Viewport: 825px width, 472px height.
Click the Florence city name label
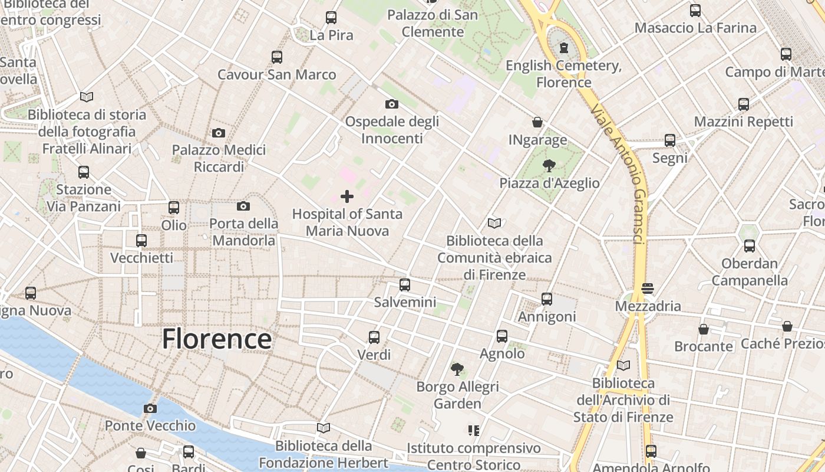pos(217,339)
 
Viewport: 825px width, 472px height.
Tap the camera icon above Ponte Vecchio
pos(150,408)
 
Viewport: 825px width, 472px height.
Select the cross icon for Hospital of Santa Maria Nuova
pos(347,196)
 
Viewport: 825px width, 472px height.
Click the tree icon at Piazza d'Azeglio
pos(549,166)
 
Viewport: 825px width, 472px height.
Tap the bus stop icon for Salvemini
pos(405,285)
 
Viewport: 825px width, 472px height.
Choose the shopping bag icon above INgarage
pos(537,122)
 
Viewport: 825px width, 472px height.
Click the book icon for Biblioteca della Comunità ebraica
pos(494,224)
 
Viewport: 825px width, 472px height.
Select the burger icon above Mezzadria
pos(648,289)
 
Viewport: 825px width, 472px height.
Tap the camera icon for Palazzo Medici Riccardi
pos(219,133)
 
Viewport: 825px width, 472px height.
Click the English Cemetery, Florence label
pos(563,74)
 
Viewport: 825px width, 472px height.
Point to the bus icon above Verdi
pos(374,337)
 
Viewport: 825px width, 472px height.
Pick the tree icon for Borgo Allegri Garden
pos(457,369)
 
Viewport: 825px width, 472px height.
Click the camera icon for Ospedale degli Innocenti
pos(391,104)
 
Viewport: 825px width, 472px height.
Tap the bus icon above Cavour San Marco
pos(277,57)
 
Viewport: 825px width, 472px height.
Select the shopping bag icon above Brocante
pos(703,329)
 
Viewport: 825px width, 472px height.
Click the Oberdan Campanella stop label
pos(750,271)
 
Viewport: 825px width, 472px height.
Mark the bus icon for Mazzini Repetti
pos(744,104)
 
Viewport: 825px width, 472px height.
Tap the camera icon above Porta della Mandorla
pos(243,206)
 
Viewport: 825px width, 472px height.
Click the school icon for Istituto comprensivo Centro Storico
pos(473,431)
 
